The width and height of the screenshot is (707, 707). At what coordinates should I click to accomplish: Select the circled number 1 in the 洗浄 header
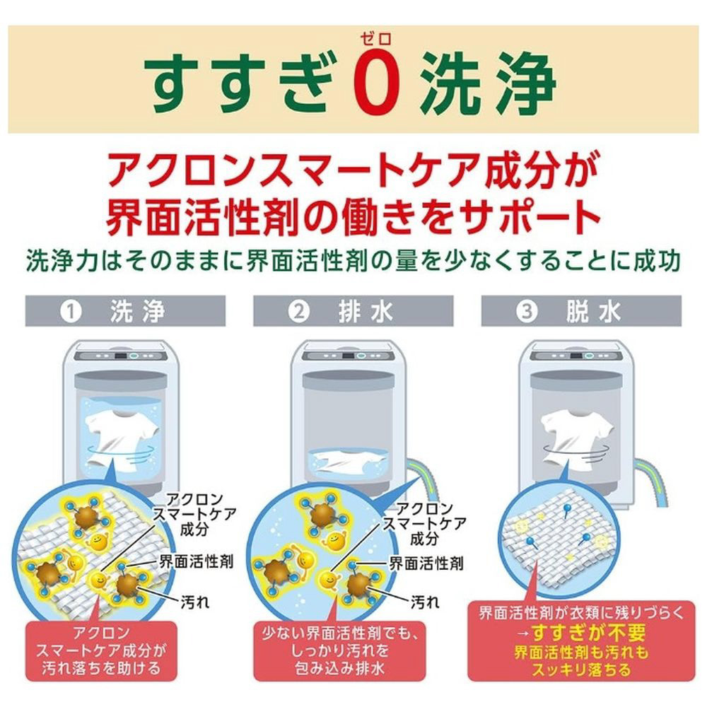(x=71, y=312)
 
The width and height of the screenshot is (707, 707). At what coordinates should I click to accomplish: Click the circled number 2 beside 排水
(x=299, y=312)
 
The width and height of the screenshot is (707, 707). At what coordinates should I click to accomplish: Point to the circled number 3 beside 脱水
(x=527, y=312)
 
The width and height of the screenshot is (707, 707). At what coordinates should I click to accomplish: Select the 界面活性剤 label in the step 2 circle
(x=426, y=563)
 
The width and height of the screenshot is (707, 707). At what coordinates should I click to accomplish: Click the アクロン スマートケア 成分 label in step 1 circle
(x=195, y=515)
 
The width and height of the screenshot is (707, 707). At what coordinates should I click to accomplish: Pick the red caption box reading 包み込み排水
(x=339, y=650)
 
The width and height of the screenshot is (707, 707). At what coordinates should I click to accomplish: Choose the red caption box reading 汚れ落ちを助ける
(x=101, y=650)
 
